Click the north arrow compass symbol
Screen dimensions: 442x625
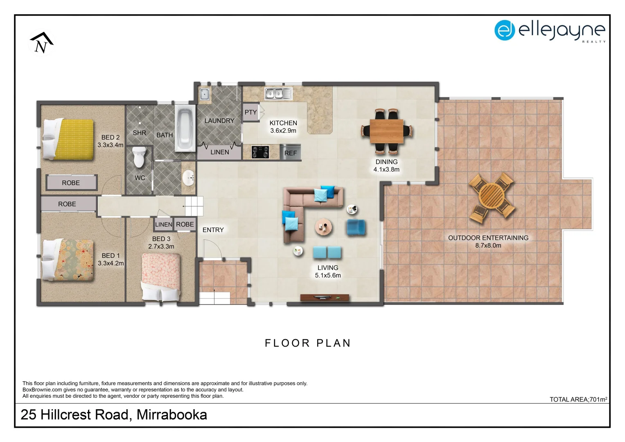point(41,43)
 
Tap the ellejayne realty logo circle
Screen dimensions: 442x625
point(504,30)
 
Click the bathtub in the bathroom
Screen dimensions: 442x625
point(185,128)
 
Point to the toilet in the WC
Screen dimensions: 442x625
point(139,157)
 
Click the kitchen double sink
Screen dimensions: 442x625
point(278,94)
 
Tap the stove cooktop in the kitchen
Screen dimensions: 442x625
point(260,152)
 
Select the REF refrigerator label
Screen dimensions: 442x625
point(290,153)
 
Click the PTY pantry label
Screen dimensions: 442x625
point(250,112)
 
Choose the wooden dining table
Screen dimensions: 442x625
point(386,131)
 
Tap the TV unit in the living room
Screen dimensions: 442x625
point(325,298)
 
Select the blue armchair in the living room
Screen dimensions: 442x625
point(356,228)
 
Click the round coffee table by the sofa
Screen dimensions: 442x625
point(323,226)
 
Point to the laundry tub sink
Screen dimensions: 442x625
point(204,95)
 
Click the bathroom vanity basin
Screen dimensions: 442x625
point(189,177)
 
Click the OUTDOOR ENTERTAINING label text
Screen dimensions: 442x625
point(488,238)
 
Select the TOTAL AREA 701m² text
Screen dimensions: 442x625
point(578,399)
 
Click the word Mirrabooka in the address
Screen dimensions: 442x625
point(171,415)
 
